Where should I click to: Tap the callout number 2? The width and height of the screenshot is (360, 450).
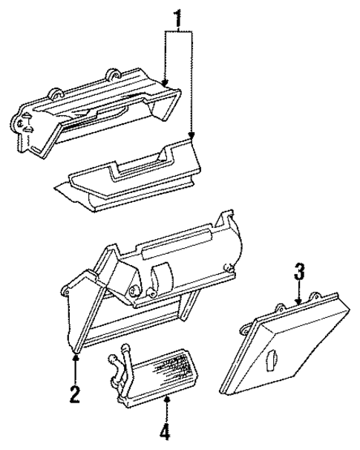(74, 393)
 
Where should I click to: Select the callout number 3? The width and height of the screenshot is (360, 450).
(299, 272)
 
